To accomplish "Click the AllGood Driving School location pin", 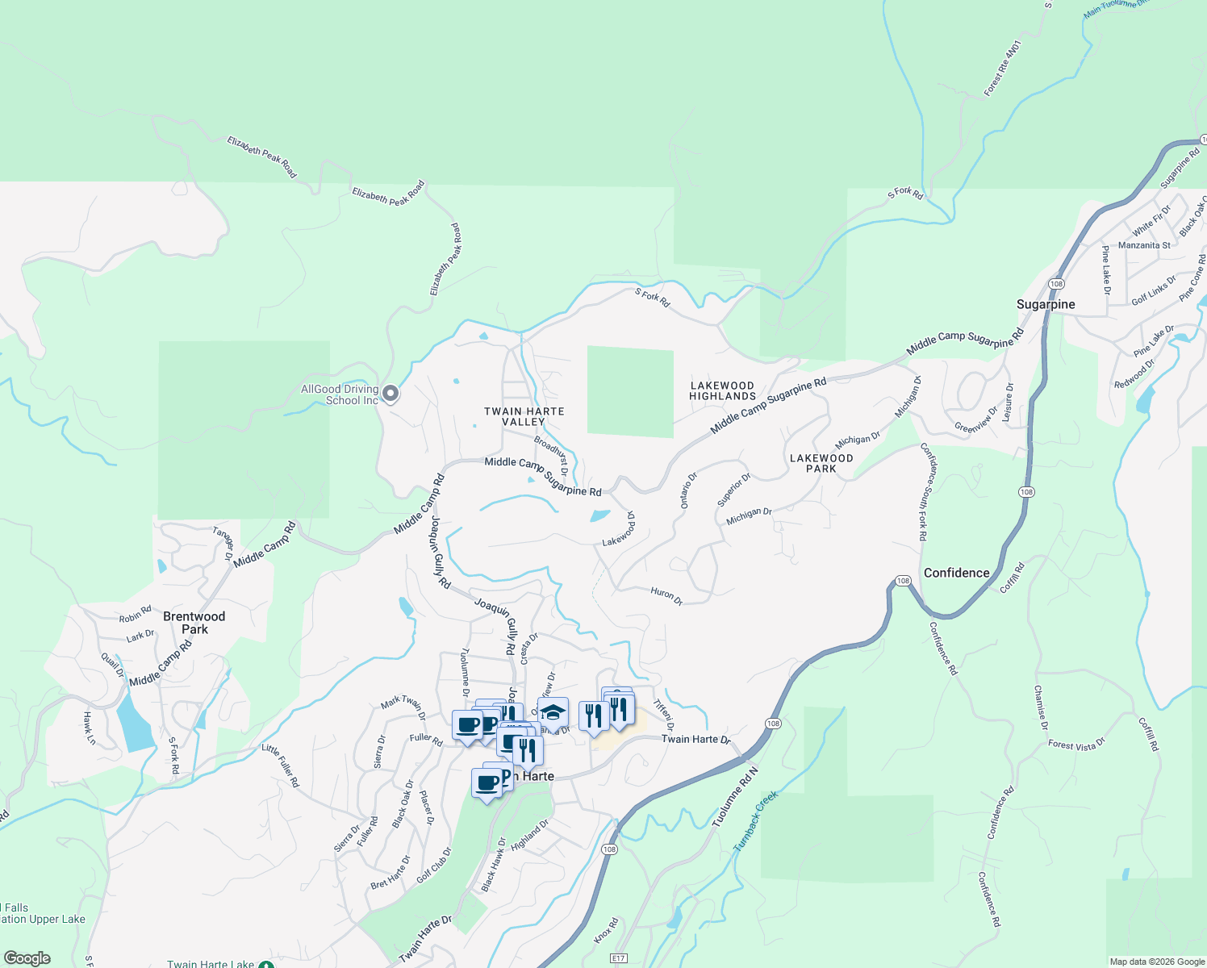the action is coord(390,394).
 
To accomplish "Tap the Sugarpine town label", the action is coord(1046,304).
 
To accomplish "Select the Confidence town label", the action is coord(956,573).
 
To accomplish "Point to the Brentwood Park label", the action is coord(194,623).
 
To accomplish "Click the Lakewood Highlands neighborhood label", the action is coord(722,390).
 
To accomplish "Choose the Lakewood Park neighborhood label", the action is coord(821,463).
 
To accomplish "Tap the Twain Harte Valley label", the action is coord(524,416).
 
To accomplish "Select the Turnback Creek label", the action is coord(755,821).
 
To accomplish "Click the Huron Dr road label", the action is coord(666,596).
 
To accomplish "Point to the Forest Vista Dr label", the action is coord(1076,745).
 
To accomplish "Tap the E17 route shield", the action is coord(619,958).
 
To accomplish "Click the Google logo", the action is coord(27,958).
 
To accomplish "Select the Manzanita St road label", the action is coord(1144,245).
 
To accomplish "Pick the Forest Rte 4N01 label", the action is coord(1003,69).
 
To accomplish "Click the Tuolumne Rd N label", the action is coord(735,797).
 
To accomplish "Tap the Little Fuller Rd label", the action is coord(280,766).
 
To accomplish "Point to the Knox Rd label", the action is coord(606,930).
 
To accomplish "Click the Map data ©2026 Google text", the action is coord(1157,962).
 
